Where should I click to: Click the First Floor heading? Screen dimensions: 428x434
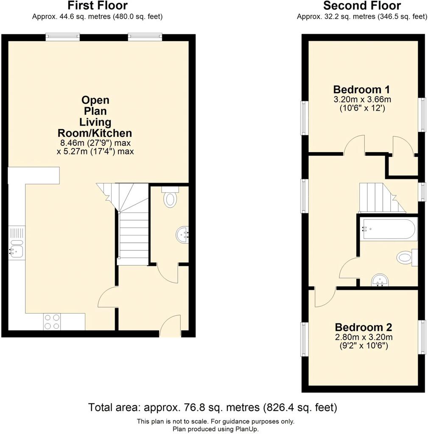98,5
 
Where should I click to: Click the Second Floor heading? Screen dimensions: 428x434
362,5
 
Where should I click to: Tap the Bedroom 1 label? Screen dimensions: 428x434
362,90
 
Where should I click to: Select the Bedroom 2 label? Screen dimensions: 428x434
364,327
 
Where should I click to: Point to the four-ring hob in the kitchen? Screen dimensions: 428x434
52,322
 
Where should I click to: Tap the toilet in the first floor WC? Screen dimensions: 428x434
170,197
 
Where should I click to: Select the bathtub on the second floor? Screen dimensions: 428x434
389,229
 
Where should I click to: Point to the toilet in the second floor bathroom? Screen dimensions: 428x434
407,257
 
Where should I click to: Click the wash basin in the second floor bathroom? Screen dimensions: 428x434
380,280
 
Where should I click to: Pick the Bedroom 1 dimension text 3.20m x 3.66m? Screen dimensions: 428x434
362,99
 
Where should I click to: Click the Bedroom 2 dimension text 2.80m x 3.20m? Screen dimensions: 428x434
364,337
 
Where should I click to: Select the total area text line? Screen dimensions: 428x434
213,407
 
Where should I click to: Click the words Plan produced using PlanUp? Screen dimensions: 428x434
215,429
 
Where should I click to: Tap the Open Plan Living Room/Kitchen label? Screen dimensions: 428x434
95,117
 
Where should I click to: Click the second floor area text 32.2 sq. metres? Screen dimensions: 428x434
350,17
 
